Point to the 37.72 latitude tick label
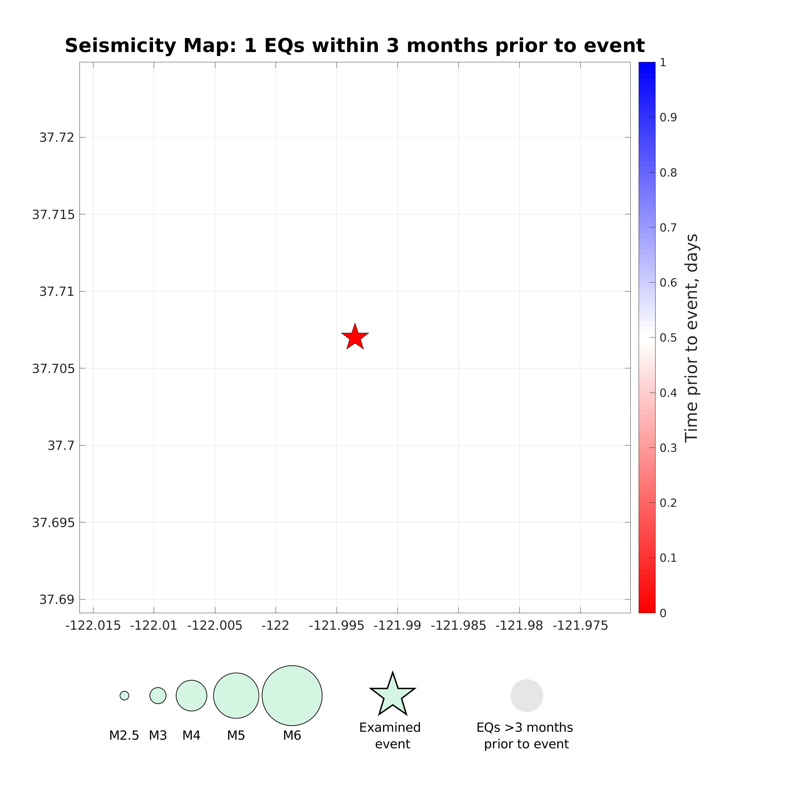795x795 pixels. pos(57,137)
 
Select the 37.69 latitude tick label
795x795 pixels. pos(57,600)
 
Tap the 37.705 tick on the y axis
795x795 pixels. pos(53,369)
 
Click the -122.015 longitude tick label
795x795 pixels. pos(93,626)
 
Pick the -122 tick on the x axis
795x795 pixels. pos(275,626)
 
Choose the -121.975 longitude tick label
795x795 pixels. pos(580,626)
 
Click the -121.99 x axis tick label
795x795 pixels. pos(397,626)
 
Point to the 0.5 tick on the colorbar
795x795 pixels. pos(668,338)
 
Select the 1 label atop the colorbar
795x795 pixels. pos(663,63)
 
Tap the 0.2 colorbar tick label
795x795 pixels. pos(668,503)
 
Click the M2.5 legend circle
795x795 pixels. pos(124,695)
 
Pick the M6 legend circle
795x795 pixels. pos(292,695)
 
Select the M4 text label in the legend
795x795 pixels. pos(191,735)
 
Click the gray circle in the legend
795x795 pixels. pos(527,695)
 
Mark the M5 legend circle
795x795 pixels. pos(236,695)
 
